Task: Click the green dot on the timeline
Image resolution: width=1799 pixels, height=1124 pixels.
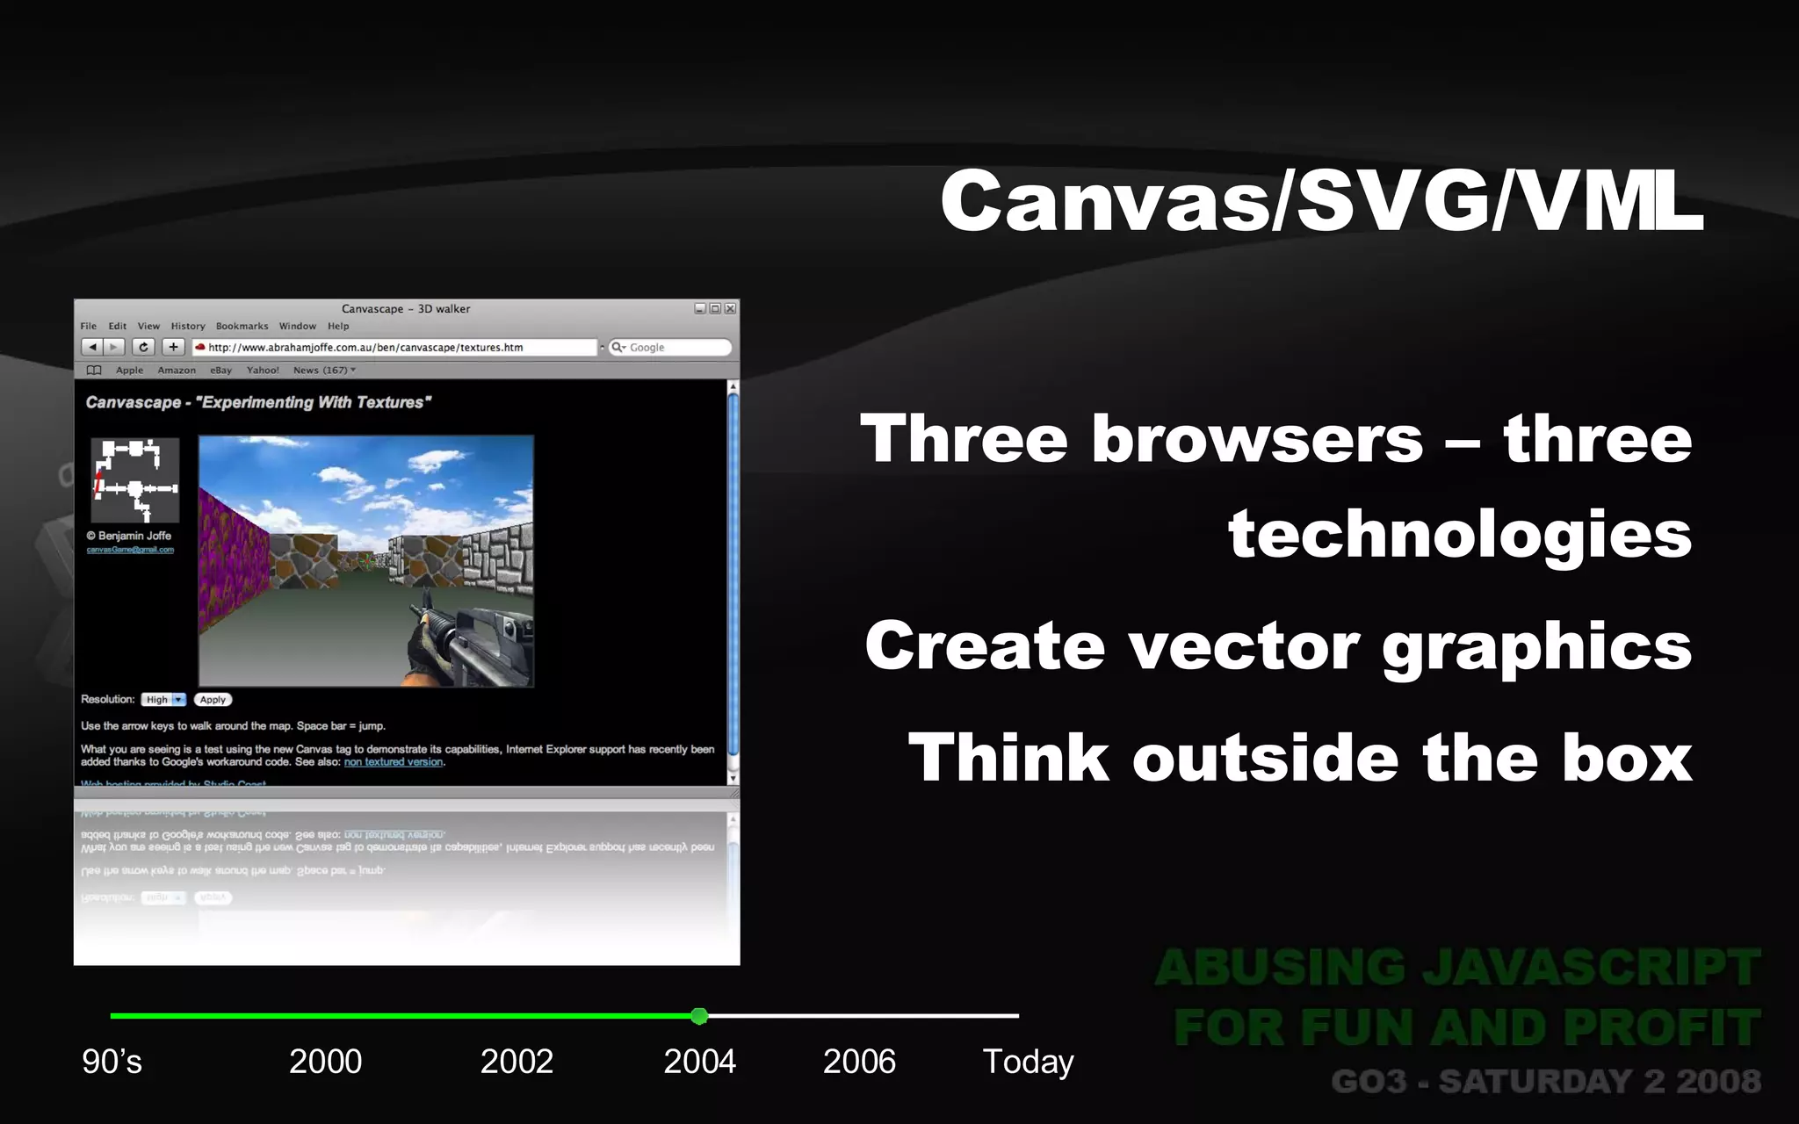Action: click(699, 1016)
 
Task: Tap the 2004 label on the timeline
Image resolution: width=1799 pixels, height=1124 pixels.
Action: click(699, 1062)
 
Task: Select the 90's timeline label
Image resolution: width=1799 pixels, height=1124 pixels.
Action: click(112, 1062)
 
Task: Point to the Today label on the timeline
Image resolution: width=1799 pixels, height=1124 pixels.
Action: click(1028, 1062)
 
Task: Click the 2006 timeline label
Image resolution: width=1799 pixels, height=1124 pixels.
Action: click(859, 1062)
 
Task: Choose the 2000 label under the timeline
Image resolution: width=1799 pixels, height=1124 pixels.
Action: click(325, 1062)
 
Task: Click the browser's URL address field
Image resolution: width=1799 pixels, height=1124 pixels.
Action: click(395, 348)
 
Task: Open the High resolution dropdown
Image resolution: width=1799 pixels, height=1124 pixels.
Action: click(164, 700)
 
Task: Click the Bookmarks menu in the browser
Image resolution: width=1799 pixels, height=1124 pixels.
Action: click(242, 326)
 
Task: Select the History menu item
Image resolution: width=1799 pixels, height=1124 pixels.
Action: click(188, 326)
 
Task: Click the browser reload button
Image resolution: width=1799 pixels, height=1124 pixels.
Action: click(144, 348)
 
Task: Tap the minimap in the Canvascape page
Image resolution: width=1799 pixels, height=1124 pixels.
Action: click(135, 480)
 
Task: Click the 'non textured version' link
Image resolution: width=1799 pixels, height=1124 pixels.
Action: click(394, 762)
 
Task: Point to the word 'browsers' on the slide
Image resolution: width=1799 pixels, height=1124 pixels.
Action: click(1256, 439)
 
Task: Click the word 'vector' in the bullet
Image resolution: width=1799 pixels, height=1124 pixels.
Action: click(1243, 646)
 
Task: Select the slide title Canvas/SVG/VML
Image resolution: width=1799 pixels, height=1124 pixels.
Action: click(1320, 201)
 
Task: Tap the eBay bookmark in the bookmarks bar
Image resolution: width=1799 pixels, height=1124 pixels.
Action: click(220, 371)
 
